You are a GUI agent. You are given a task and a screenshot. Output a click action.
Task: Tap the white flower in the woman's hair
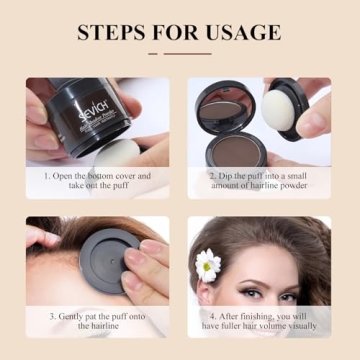click(208, 264)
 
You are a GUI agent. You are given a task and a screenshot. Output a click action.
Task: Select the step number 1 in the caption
click(45, 176)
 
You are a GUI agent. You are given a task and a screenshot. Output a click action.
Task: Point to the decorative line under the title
click(180, 53)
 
